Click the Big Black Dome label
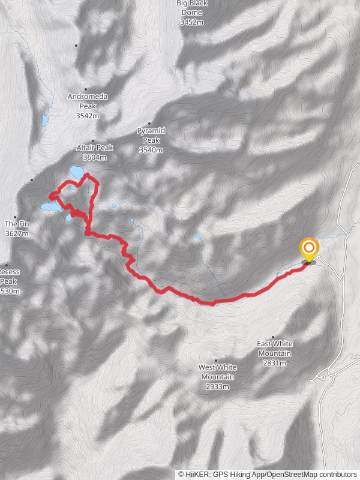pos(191,8)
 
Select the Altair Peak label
pos(95,148)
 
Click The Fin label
pos(16,224)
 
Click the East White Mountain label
pos(275,348)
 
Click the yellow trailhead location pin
pos(309,249)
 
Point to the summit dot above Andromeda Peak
pos(86,89)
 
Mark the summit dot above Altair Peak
pos(93,141)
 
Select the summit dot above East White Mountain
pos(273,337)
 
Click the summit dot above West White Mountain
pos(217,361)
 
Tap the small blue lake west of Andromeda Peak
pos(44,121)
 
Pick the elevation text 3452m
pos(191,22)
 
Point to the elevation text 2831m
pos(275,363)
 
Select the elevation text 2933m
pos(218,387)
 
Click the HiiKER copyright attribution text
pos(268,474)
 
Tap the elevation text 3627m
pos(16,233)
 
